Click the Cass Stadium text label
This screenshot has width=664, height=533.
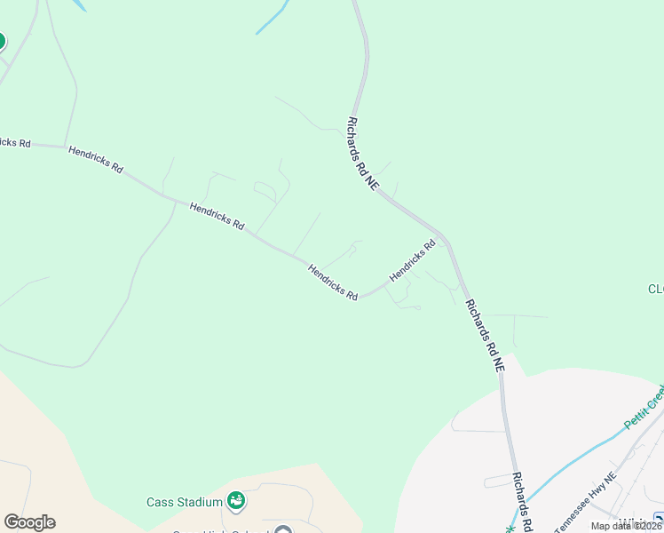point(184,502)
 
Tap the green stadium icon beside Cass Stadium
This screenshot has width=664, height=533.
point(236,502)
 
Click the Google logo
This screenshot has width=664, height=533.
point(29,522)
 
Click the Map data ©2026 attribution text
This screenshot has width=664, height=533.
point(627,526)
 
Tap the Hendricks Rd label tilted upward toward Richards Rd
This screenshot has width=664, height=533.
point(413,260)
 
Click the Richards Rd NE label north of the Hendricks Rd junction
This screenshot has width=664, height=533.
point(363,153)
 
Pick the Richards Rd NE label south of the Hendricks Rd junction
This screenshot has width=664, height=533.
point(485,335)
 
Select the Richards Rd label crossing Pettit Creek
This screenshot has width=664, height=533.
point(523,501)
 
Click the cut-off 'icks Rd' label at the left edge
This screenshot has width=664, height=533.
point(15,141)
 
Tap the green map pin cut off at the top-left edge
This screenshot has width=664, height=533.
point(1,42)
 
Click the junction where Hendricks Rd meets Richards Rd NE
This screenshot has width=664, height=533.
point(446,241)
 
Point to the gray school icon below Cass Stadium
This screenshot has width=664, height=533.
point(283,531)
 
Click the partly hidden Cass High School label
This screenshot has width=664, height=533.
point(222,531)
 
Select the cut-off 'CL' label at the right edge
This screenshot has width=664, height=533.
point(655,289)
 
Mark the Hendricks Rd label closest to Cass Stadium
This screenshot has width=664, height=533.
point(333,282)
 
